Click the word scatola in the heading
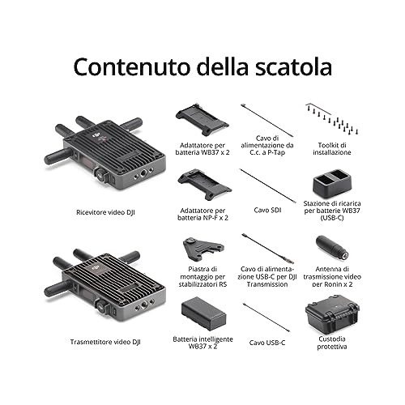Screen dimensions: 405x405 tap(293, 66)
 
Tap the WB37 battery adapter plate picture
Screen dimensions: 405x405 tap(202, 119)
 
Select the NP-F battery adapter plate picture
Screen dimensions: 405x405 tap(204, 185)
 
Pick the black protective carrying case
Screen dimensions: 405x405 tap(332, 314)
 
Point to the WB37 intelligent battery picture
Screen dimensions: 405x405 tap(203, 313)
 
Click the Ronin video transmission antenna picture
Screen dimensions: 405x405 tap(332, 248)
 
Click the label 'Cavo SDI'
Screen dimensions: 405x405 tap(267, 210)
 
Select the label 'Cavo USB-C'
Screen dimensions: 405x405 tap(267, 343)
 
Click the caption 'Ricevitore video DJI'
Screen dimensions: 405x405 tap(105, 212)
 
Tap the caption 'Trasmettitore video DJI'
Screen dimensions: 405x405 tap(105, 342)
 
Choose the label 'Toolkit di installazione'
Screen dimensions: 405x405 tap(332, 149)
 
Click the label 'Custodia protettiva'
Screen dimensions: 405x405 tap(332, 343)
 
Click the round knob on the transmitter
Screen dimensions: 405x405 tap(102, 307)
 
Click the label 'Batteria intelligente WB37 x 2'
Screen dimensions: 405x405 tap(202, 343)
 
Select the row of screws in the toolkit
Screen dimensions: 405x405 tap(332, 121)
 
